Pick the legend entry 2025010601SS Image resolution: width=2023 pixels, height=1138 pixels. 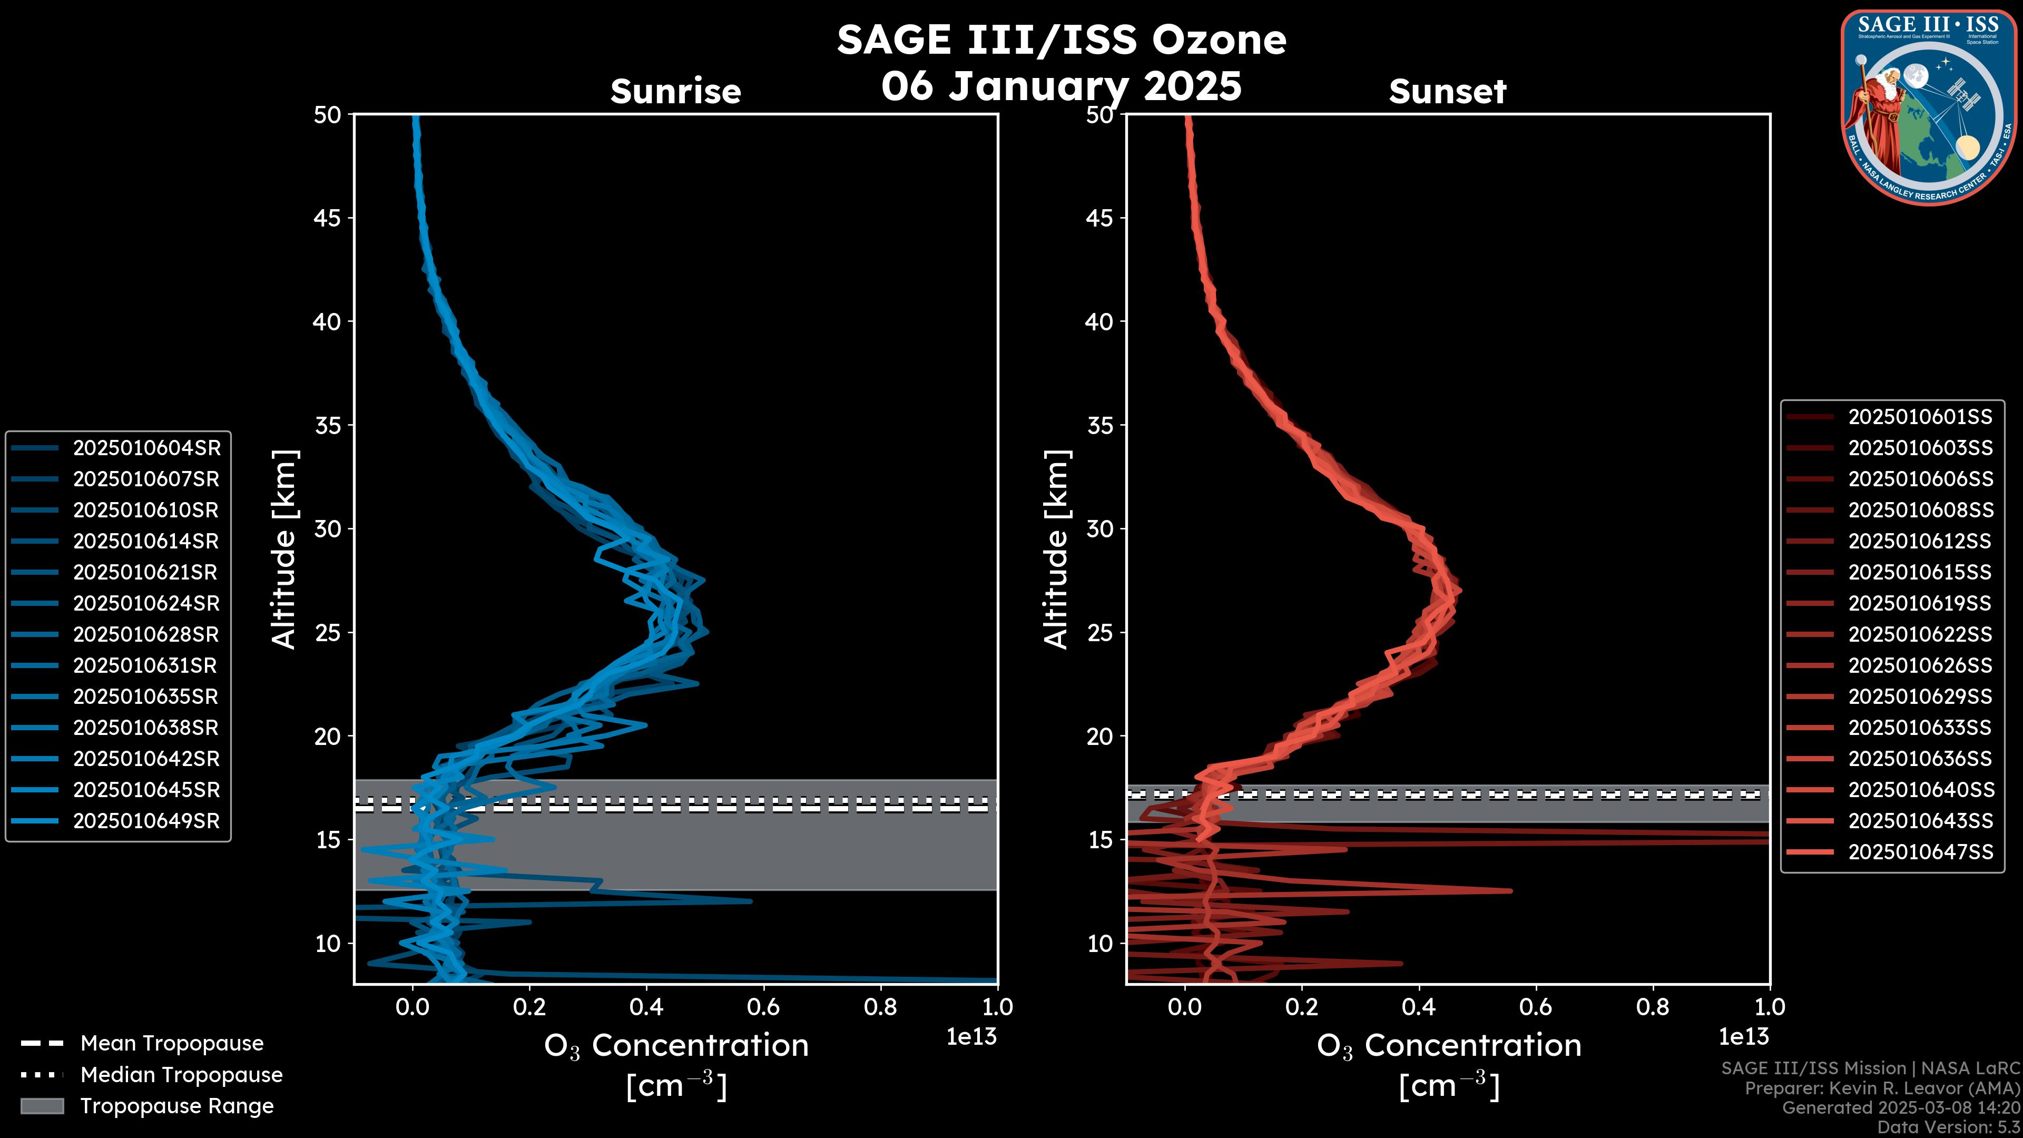pyautogui.click(x=1920, y=416)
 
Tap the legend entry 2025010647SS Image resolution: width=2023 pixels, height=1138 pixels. pyautogui.click(x=1920, y=851)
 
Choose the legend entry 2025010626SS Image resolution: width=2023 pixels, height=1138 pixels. pyautogui.click(x=1920, y=665)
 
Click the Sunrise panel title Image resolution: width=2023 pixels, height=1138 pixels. pyautogui.click(x=675, y=91)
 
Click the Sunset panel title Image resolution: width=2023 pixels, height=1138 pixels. pyautogui.click(x=1447, y=91)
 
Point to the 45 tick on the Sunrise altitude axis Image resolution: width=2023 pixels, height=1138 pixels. pyautogui.click(x=328, y=218)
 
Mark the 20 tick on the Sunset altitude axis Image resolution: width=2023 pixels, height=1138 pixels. pyautogui.click(x=1099, y=736)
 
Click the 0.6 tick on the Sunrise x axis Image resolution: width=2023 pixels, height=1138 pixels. pyautogui.click(x=763, y=1006)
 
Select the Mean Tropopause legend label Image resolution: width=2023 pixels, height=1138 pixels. pyautogui.click(x=172, y=1043)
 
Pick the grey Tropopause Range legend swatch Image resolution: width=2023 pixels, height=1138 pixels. pyautogui.click(x=42, y=1106)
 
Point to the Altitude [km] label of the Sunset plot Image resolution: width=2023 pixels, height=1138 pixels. pyautogui.click(x=1056, y=550)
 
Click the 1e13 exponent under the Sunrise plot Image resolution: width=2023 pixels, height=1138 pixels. pyautogui.click(x=971, y=1037)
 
